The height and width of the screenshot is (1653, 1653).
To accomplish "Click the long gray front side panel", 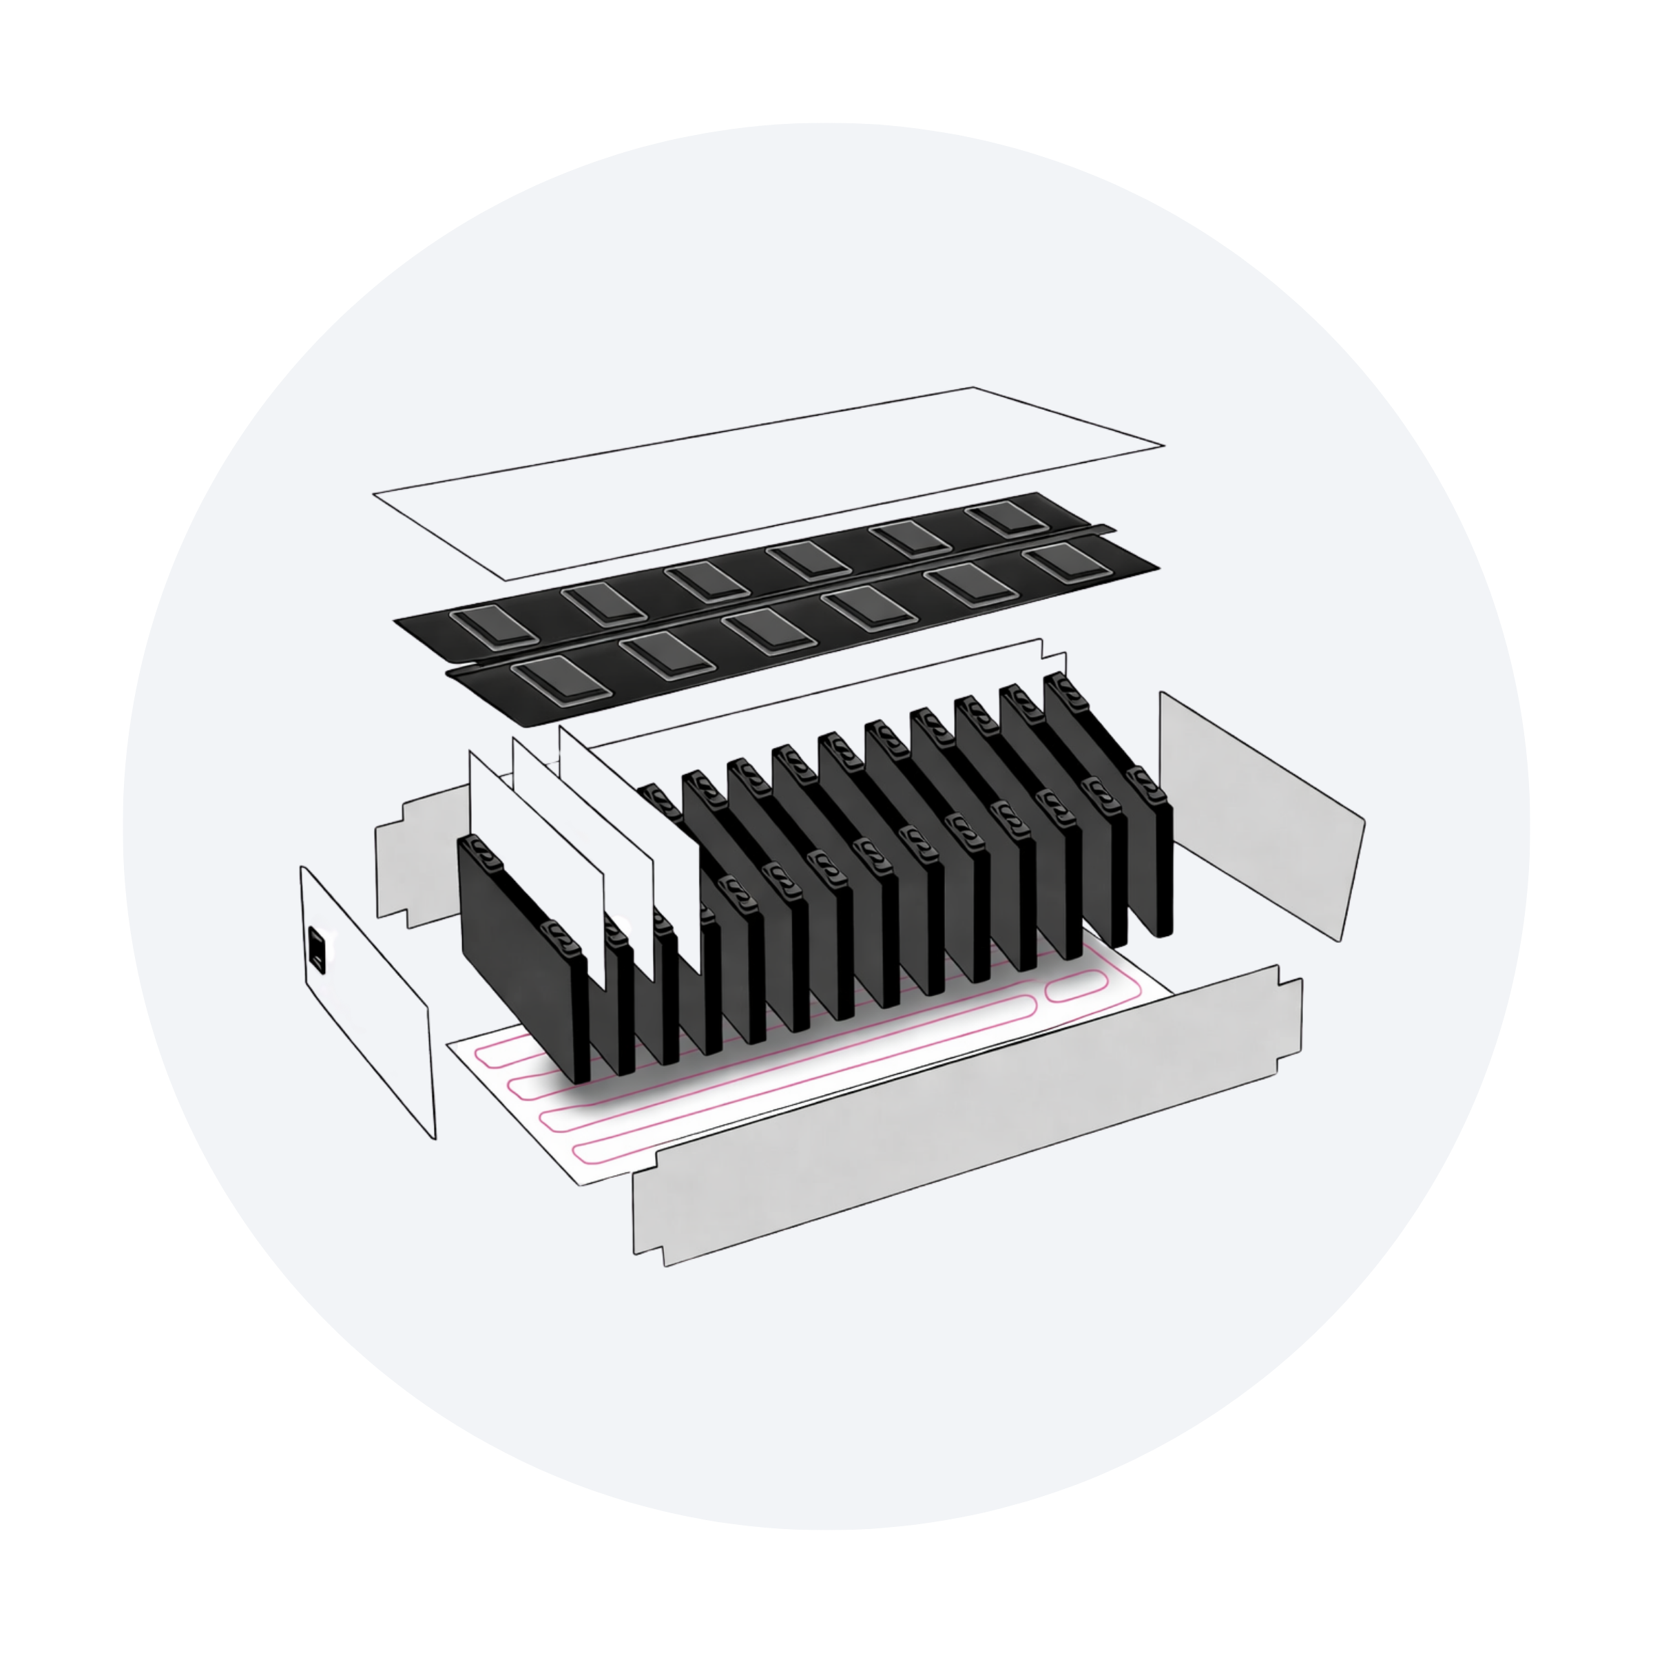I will (967, 1121).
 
